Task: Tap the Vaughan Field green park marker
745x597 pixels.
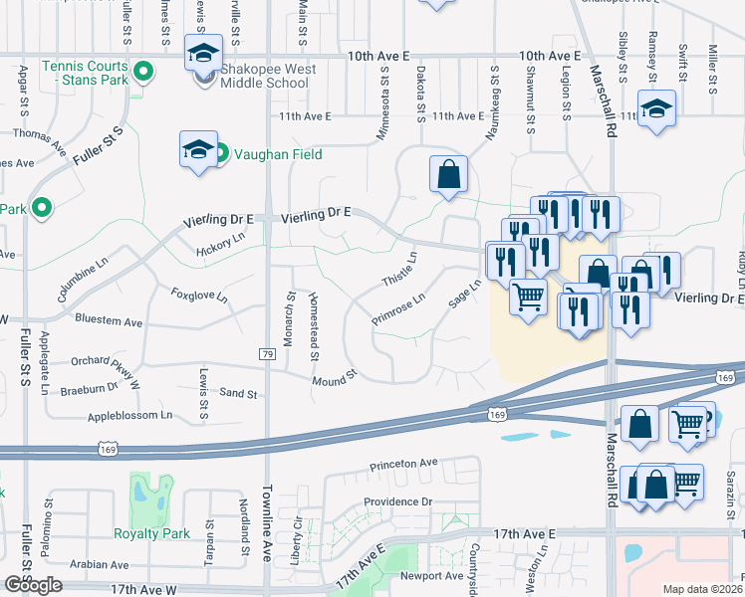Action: (223, 153)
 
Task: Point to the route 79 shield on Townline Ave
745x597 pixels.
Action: (267, 354)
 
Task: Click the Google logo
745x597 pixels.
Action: (33, 585)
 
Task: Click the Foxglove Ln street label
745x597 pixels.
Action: (199, 297)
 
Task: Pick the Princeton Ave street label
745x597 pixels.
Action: (403, 464)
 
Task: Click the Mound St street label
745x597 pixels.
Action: (334, 379)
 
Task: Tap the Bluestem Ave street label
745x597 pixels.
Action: (110, 320)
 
